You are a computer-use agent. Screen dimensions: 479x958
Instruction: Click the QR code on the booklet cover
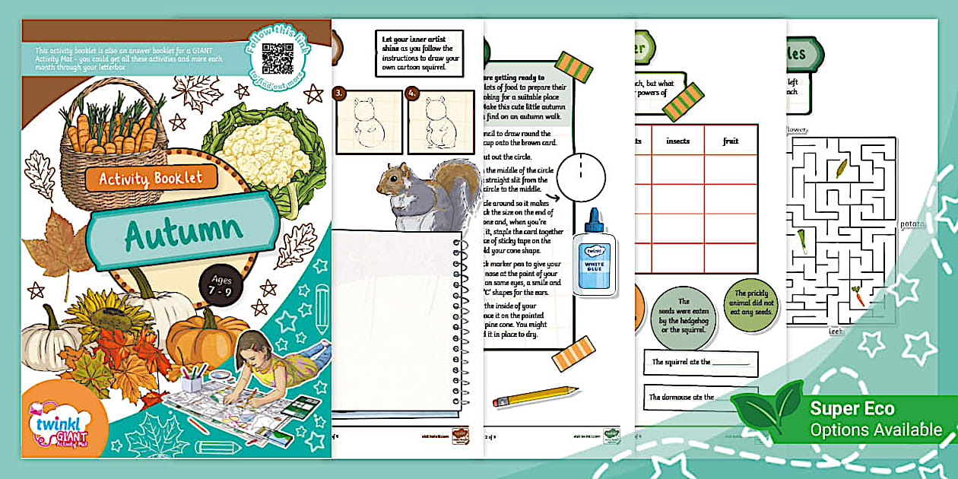(x=278, y=58)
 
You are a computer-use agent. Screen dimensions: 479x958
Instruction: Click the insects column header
(x=678, y=141)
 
